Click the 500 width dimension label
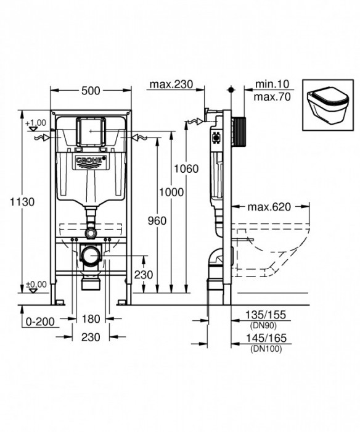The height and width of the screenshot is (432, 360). click(90, 91)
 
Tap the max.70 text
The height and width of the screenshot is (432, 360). click(270, 97)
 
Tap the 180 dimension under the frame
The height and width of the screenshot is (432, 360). click(91, 319)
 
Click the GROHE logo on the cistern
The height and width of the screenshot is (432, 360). click(90, 162)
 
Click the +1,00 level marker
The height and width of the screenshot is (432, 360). click(36, 123)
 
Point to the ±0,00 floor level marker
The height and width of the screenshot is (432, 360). click(36, 285)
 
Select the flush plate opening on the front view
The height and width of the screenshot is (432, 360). click(90, 130)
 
